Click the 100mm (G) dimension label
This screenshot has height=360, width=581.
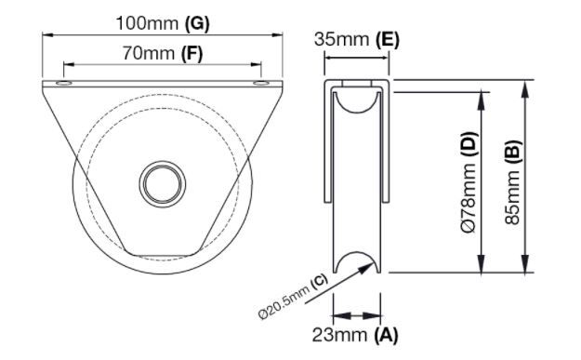(x=163, y=24)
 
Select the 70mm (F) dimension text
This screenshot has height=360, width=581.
(x=163, y=54)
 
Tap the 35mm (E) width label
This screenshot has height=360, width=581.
(x=357, y=39)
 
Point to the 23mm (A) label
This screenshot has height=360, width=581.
(x=355, y=335)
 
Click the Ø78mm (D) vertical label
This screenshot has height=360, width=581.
(x=469, y=182)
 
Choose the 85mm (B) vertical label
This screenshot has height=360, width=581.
(x=513, y=182)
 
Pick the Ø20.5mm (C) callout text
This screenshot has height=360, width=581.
(x=294, y=296)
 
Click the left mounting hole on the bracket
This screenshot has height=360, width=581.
(x=64, y=83)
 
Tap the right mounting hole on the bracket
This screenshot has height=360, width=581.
(x=261, y=83)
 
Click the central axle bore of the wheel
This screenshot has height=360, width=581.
(x=163, y=184)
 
